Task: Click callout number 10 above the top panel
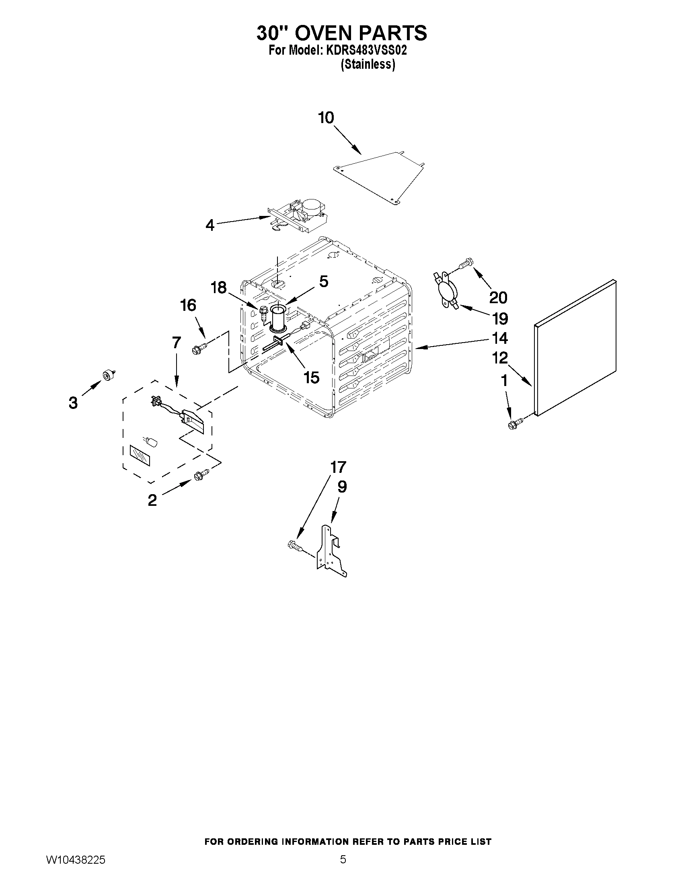[x=326, y=118]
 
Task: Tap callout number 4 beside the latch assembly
[x=210, y=225]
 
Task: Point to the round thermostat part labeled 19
[x=446, y=291]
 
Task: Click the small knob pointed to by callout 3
[x=108, y=375]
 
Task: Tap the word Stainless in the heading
[x=368, y=64]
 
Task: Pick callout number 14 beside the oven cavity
[x=499, y=338]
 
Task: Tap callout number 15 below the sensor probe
[x=311, y=377]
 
